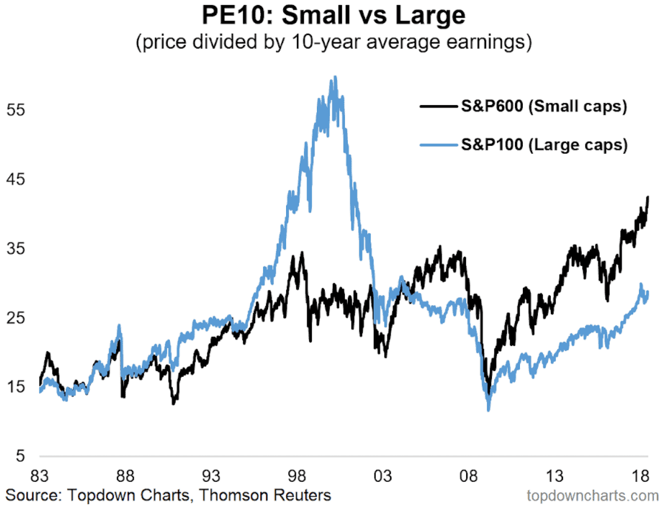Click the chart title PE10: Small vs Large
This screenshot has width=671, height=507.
click(x=334, y=16)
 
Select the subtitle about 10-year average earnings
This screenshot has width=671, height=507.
click(x=334, y=43)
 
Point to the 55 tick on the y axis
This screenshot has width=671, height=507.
click(x=15, y=110)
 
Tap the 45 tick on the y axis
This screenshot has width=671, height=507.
click(x=15, y=179)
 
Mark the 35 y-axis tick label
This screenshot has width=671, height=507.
click(x=15, y=249)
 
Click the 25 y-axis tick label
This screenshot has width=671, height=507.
click(x=15, y=318)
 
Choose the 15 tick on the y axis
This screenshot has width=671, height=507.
click(x=15, y=387)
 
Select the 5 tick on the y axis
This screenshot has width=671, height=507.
click(x=19, y=456)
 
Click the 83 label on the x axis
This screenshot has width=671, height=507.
click(x=39, y=476)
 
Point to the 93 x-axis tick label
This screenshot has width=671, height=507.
click(x=211, y=476)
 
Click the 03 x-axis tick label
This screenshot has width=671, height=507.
click(x=383, y=476)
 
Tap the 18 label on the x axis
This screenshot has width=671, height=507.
click(x=641, y=476)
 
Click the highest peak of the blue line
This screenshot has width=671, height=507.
click(x=335, y=77)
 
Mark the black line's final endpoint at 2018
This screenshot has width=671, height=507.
click(x=648, y=197)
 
